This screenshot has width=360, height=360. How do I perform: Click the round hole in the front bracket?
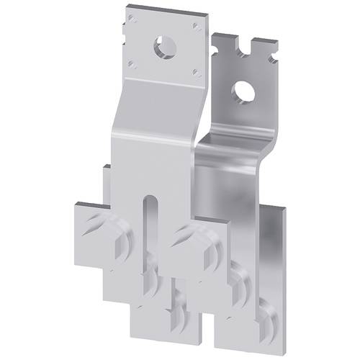coord(161,48)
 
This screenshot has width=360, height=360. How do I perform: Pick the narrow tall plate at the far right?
coord(276,252)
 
